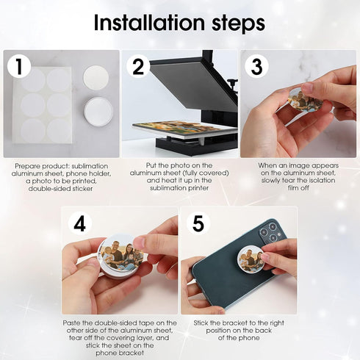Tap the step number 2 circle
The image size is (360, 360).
[x=137, y=67]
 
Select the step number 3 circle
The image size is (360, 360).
[x=256, y=67]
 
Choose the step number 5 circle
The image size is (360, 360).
[x=198, y=223]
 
